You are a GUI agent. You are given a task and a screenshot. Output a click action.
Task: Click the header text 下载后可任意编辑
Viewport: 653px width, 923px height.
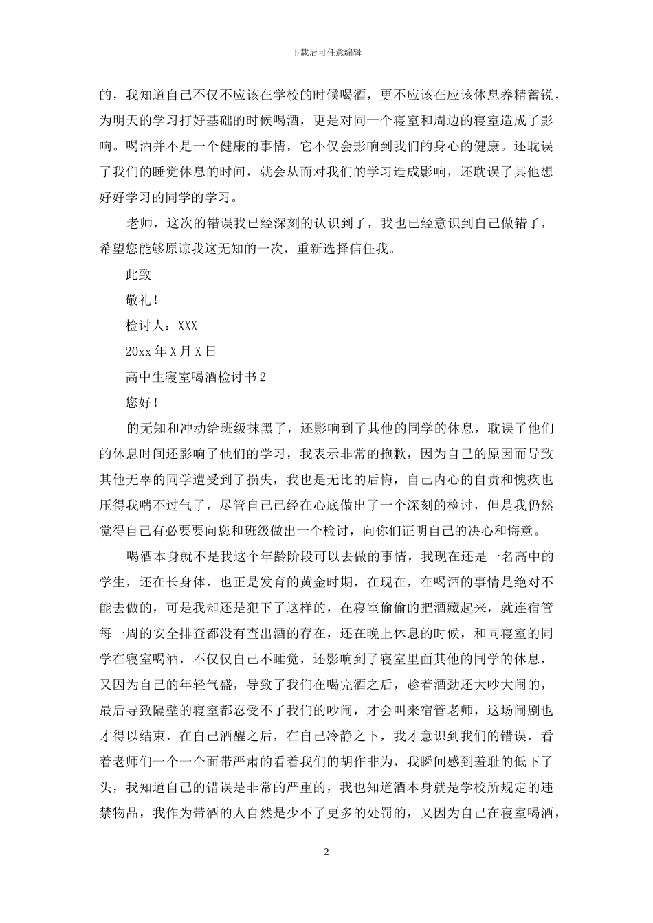coord(326,52)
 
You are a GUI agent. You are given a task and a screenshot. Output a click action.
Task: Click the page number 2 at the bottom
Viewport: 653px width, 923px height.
coord(326,852)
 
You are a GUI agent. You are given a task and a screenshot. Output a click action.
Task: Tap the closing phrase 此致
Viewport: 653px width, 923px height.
coord(138,274)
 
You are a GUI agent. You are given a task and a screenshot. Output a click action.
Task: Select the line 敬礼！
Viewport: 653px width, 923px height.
coord(142,300)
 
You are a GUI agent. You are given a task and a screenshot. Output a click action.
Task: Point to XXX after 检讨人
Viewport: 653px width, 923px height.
coord(188,326)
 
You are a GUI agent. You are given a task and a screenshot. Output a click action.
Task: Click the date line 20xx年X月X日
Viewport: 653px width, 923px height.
coord(171,351)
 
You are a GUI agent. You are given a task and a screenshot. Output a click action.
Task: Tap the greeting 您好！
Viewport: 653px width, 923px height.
coord(142,402)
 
